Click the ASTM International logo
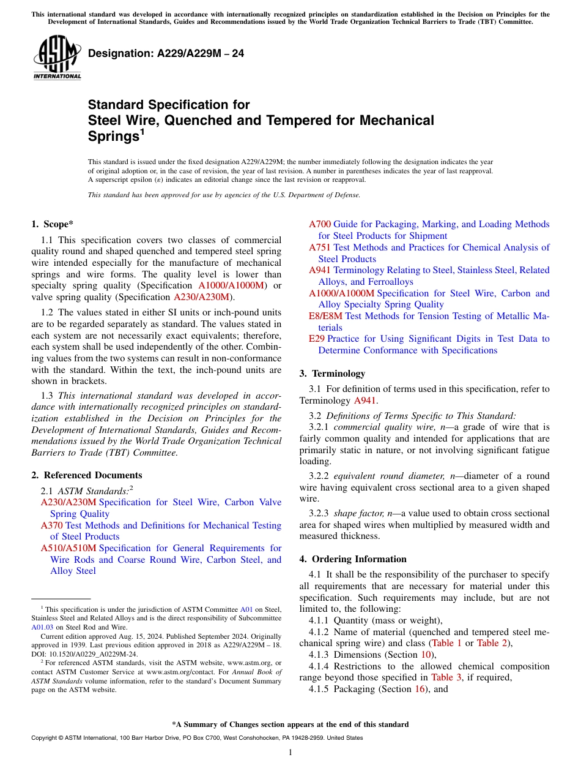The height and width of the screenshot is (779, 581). (57, 58)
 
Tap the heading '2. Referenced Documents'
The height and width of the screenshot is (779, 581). (86, 475)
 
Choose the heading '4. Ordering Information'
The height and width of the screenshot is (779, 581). (353, 559)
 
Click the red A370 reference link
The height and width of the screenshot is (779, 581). (52, 525)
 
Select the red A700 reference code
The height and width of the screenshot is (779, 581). (320, 224)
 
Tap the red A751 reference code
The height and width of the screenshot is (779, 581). (320, 247)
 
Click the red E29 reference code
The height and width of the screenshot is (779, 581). (317, 339)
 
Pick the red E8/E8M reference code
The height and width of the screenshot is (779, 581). (326, 316)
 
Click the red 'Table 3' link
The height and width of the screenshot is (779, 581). (442, 677)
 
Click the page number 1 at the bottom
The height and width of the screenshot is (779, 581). (290, 753)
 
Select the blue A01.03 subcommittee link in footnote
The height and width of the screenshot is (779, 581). (42, 627)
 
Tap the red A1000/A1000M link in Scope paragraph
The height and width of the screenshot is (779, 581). (232, 285)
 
